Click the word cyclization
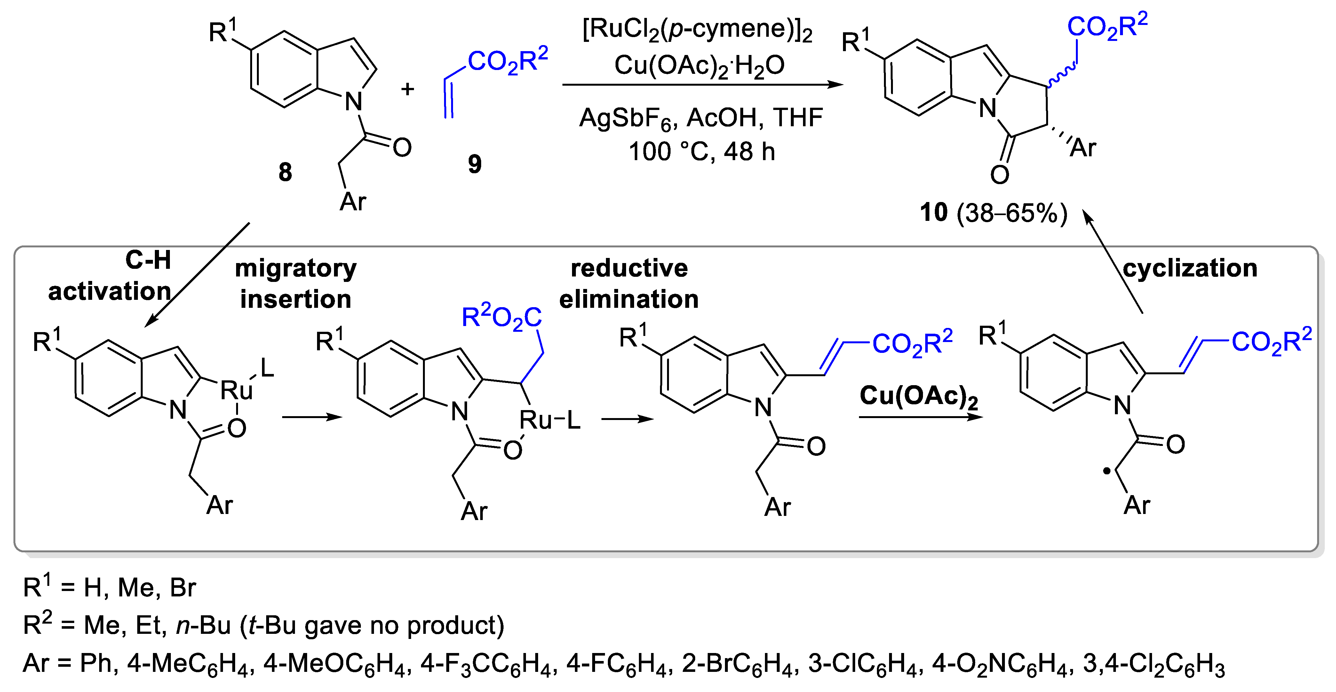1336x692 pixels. (1190, 268)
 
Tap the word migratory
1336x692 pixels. (296, 268)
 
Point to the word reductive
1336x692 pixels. (629, 268)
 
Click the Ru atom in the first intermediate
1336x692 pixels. (236, 390)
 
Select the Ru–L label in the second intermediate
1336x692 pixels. (550, 420)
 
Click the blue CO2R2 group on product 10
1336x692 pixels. (1107, 27)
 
